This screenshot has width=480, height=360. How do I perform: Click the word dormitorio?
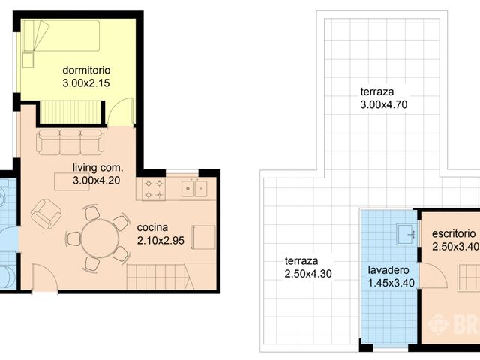86,70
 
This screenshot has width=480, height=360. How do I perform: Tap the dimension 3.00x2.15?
86,83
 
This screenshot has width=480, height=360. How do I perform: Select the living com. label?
97,168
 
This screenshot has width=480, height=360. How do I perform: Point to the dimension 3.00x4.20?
96,181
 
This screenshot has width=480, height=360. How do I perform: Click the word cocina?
152,227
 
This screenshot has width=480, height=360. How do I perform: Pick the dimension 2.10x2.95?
160,241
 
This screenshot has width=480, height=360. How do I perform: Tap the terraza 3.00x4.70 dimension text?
384,105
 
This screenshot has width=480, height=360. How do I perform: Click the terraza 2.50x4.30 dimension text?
308,273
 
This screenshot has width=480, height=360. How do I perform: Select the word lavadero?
388,270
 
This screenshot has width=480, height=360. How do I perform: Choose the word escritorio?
454,233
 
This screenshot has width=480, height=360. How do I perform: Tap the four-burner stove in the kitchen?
154,190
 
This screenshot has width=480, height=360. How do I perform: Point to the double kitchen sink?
194,189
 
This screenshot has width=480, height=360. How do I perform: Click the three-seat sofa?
70,142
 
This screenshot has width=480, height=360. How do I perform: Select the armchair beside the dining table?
46,214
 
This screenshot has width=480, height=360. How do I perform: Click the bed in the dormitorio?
61,35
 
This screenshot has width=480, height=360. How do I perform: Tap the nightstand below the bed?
28,60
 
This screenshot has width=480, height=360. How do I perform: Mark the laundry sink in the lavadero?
406,234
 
